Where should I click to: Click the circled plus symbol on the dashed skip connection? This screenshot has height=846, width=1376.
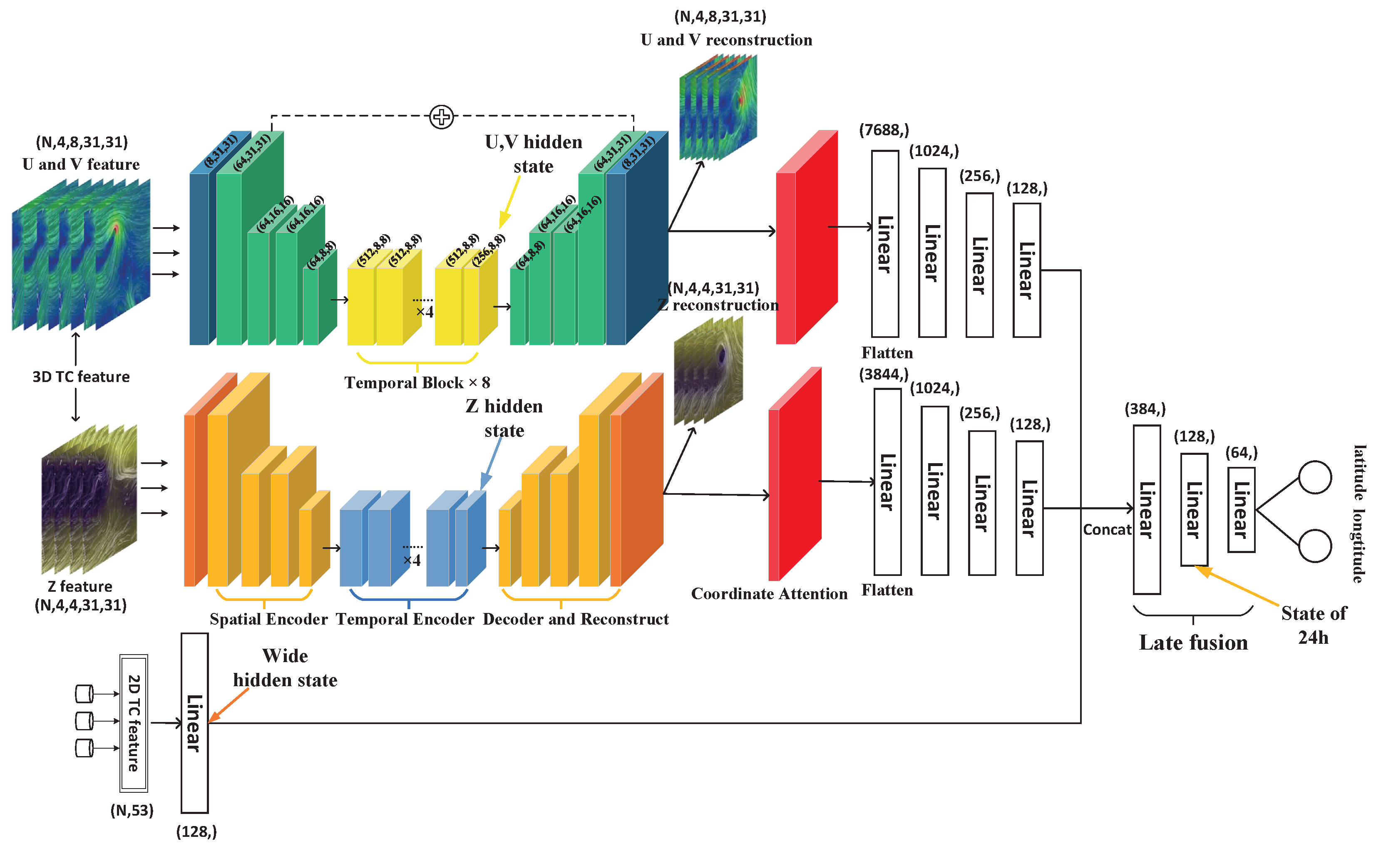tap(442, 117)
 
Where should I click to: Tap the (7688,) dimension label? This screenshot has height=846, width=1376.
tap(884, 130)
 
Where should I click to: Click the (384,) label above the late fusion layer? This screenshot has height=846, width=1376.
tap(1145, 409)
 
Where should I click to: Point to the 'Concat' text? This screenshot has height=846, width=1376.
tap(1106, 529)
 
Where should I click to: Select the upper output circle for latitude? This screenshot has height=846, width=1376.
tap(1314, 477)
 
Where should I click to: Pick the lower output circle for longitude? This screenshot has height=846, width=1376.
tap(1314, 546)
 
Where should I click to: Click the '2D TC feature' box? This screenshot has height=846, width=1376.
tap(134, 723)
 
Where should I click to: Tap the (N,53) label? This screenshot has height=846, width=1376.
tap(132, 810)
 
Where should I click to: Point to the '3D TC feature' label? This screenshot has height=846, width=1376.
tap(81, 377)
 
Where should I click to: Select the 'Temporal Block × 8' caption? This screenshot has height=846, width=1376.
tap(417, 383)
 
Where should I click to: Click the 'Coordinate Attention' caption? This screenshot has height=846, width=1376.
tap(769, 594)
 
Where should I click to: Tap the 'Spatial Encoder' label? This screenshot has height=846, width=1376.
tap(268, 619)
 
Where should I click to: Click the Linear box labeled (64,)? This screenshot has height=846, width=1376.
tap(1241, 510)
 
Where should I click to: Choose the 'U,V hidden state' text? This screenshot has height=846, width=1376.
tap(533, 154)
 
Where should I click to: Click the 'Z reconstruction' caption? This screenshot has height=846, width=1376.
tap(718, 305)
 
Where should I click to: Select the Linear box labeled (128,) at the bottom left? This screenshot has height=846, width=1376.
tap(195, 723)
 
